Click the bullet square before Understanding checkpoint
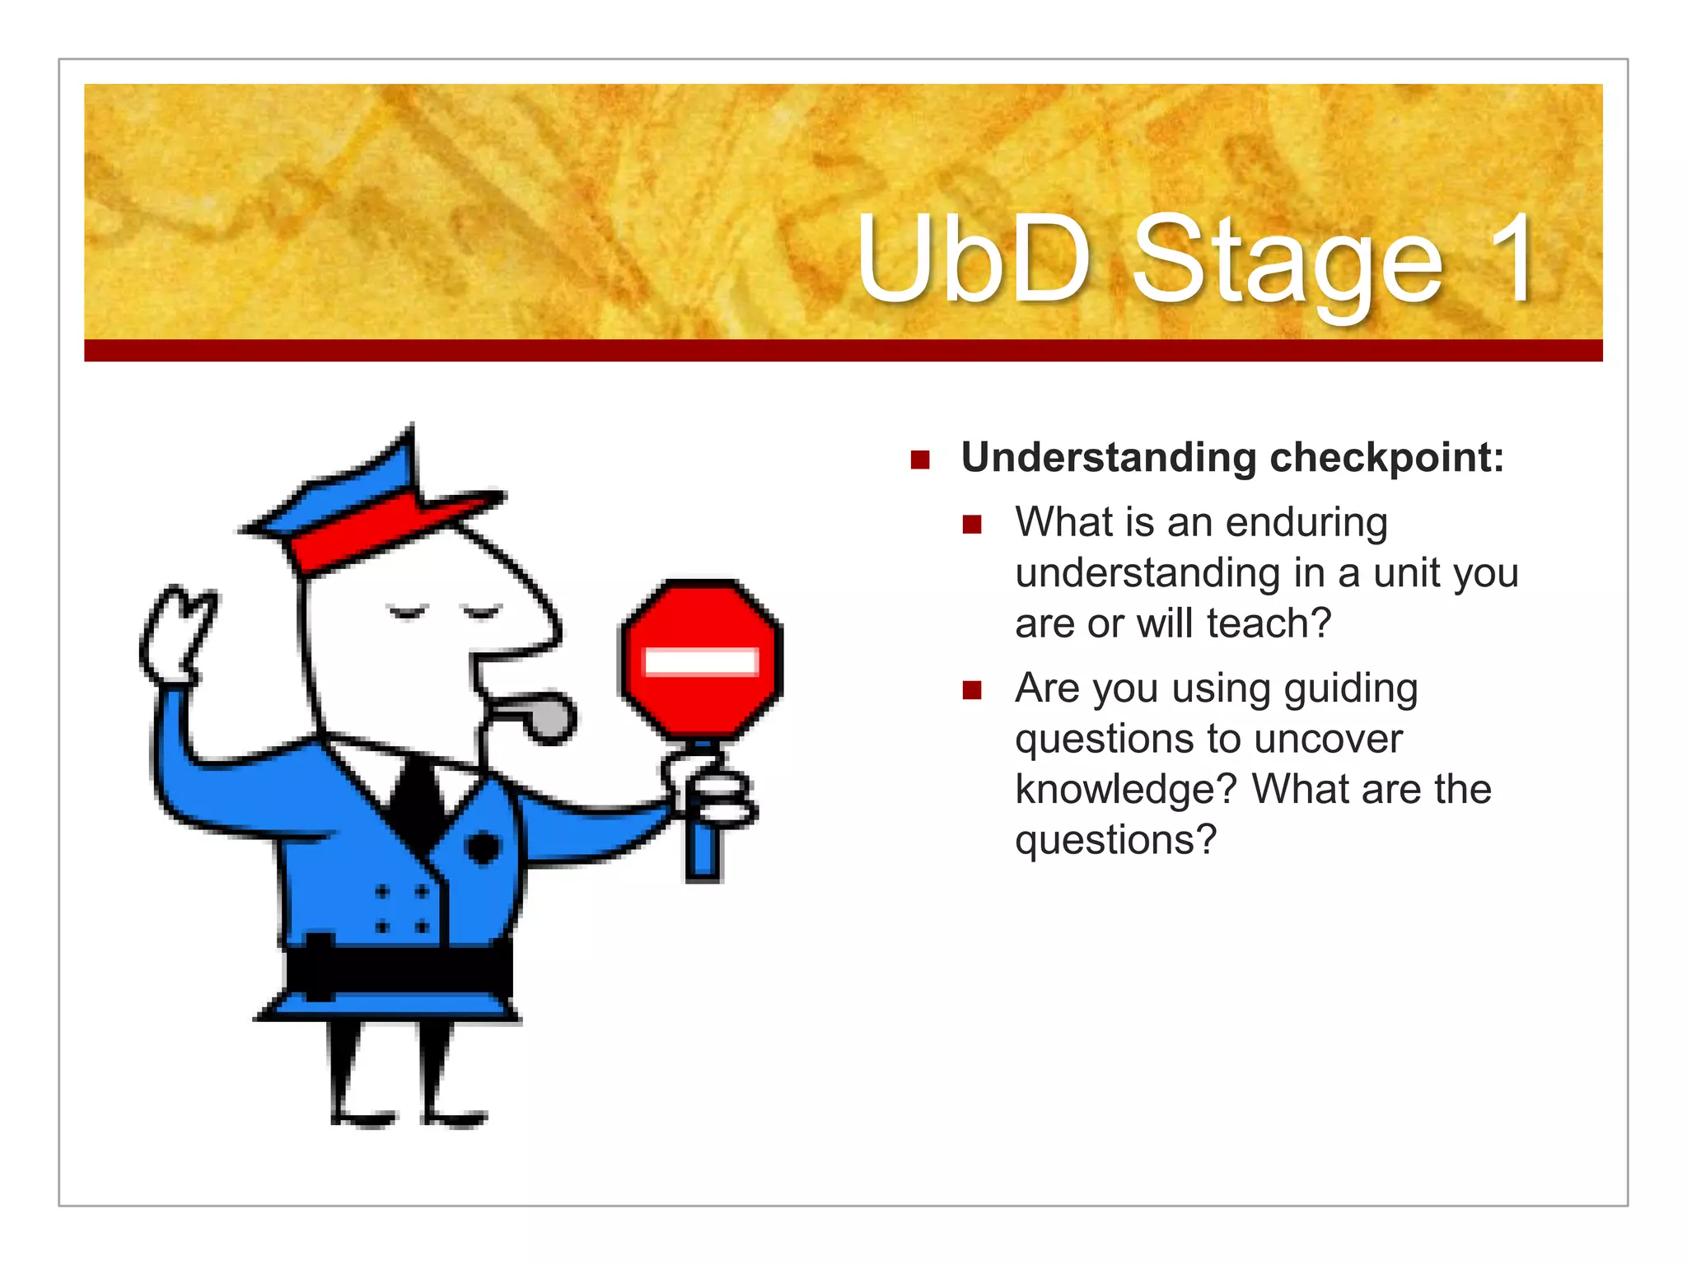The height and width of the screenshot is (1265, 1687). pyautogui.click(x=920, y=460)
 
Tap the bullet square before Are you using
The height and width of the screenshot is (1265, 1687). pyautogui.click(x=972, y=690)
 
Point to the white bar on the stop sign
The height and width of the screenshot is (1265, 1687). pyautogui.click(x=701, y=662)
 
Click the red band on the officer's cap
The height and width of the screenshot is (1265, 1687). pyautogui.click(x=371, y=527)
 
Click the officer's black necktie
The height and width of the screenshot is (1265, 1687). pyautogui.click(x=418, y=803)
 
